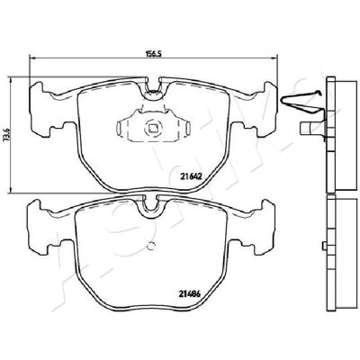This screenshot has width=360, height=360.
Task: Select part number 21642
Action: click(190, 176)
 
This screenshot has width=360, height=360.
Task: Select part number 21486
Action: click(190, 294)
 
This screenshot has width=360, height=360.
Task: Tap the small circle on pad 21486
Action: click(152, 246)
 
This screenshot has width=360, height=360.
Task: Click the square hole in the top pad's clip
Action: click(153, 129)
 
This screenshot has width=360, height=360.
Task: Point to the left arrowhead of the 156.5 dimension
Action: click(31, 58)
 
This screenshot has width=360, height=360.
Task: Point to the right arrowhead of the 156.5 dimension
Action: click(275, 58)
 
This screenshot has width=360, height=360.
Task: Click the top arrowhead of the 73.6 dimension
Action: click(11, 79)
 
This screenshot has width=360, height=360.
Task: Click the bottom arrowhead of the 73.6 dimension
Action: click(11, 190)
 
